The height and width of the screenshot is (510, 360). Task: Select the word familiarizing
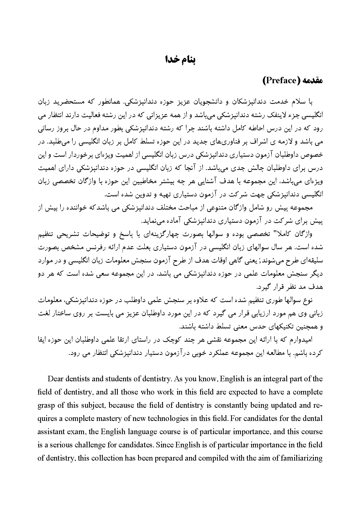(x=303, y=458)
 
